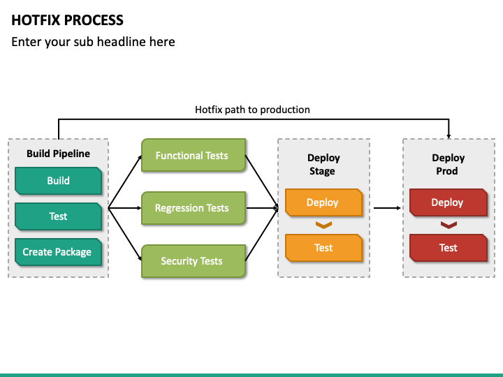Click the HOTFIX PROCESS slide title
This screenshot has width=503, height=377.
click(68, 20)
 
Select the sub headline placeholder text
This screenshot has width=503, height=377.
click(93, 42)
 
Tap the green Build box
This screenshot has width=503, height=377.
click(58, 181)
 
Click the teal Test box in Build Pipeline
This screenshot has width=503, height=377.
click(58, 216)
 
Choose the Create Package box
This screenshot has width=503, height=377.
click(57, 252)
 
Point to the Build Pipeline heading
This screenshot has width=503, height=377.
click(58, 154)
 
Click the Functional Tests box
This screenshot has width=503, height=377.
click(193, 156)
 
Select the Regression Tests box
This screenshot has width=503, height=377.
click(193, 208)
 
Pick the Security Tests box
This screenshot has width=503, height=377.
click(193, 261)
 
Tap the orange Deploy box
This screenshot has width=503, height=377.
click(323, 202)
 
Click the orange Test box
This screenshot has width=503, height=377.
click(323, 248)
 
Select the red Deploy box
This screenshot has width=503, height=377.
click(447, 202)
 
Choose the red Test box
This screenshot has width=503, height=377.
click(447, 248)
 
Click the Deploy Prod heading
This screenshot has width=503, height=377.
click(447, 165)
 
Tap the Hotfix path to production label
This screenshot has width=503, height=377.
click(252, 110)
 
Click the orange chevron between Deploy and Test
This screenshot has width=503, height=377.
click(323, 225)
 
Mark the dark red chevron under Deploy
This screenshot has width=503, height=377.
click(448, 225)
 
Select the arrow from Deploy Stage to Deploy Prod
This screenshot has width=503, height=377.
click(387, 207)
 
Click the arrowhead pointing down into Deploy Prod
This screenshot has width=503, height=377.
click(449, 135)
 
